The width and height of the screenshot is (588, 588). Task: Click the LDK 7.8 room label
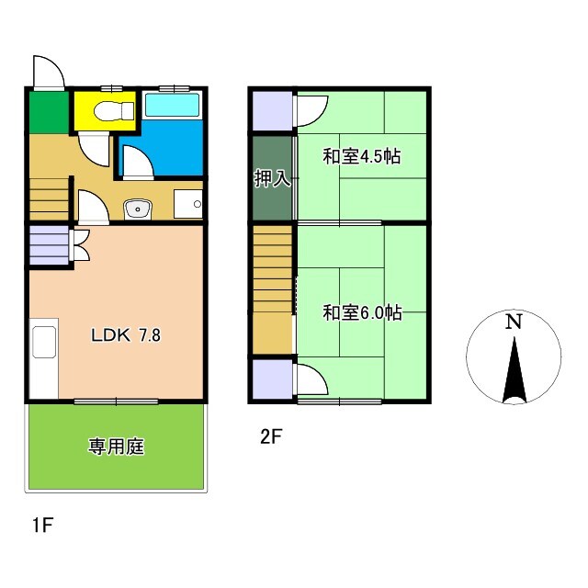pyautogui.click(x=126, y=335)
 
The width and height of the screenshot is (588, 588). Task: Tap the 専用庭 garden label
pyautogui.click(x=117, y=447)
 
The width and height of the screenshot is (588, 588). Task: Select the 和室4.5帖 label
pyautogui.click(x=361, y=156)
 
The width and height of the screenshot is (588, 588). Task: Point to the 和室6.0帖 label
pyautogui.click(x=361, y=313)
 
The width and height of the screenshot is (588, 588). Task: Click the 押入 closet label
pyautogui.click(x=273, y=178)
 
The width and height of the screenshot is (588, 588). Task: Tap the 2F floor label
pyautogui.click(x=269, y=438)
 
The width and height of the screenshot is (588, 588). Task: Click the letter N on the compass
pyautogui.click(x=514, y=322)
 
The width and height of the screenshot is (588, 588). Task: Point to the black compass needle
pyautogui.click(x=514, y=372)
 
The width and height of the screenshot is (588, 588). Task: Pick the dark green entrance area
pyautogui.click(x=49, y=112)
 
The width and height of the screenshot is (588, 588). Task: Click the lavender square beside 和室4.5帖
pyautogui.click(x=272, y=111)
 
